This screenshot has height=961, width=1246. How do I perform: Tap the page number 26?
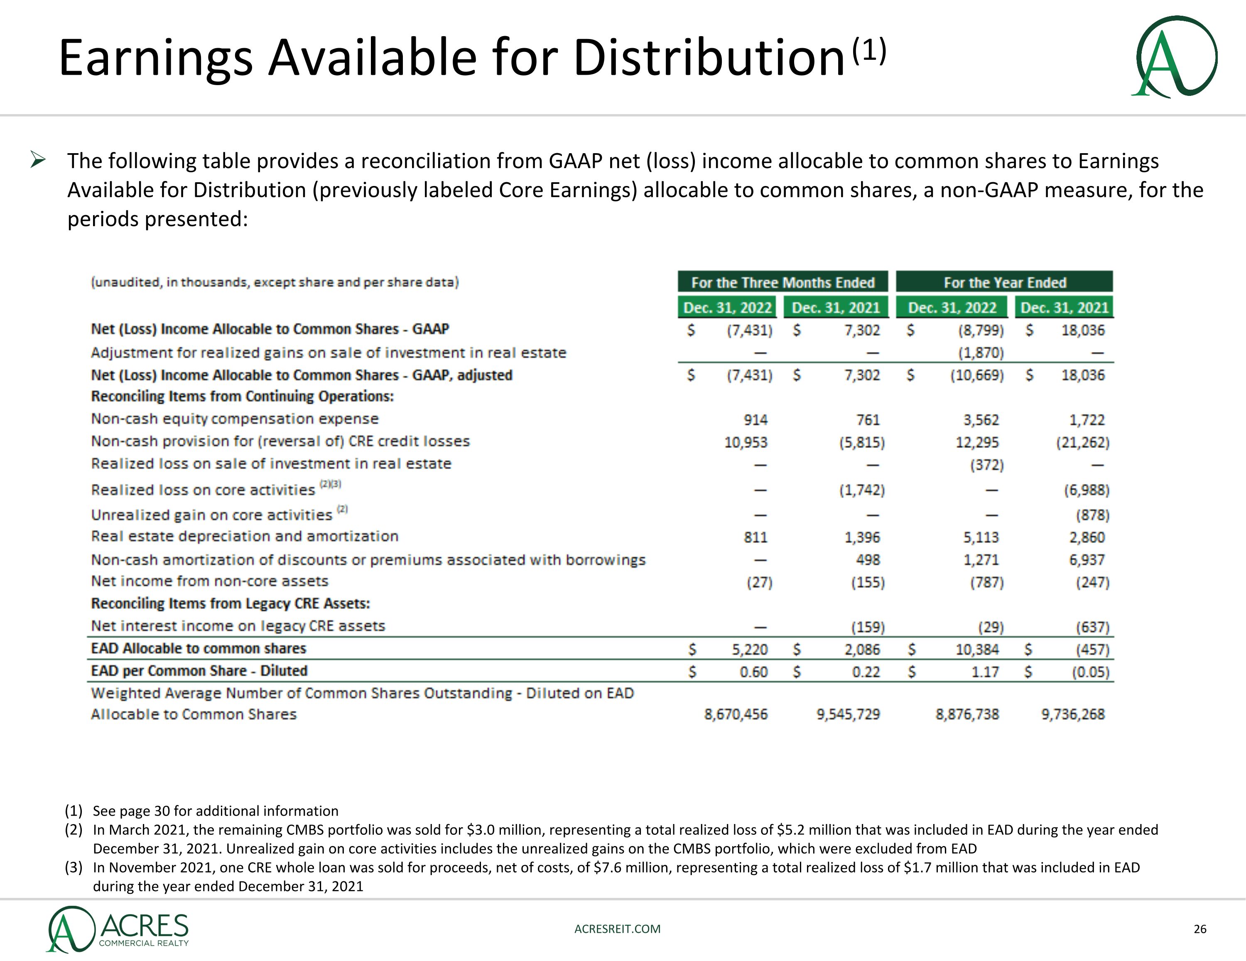pyautogui.click(x=1200, y=929)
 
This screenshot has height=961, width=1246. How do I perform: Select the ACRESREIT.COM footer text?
pyautogui.click(x=617, y=929)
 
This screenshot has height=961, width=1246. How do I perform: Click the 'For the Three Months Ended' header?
pyautogui.click(x=783, y=282)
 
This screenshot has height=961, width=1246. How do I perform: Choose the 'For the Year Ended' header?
pyautogui.click(x=1004, y=282)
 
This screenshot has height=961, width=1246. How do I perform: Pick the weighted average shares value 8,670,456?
pyautogui.click(x=736, y=714)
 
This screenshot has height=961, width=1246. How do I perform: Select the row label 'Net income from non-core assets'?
pyautogui.click(x=210, y=581)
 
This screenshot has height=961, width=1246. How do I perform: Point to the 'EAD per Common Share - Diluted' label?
pyautogui.click(x=199, y=671)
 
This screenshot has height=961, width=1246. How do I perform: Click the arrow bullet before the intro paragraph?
pyautogui.click(x=38, y=160)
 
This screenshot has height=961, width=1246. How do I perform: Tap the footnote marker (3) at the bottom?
pyautogui.click(x=74, y=868)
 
